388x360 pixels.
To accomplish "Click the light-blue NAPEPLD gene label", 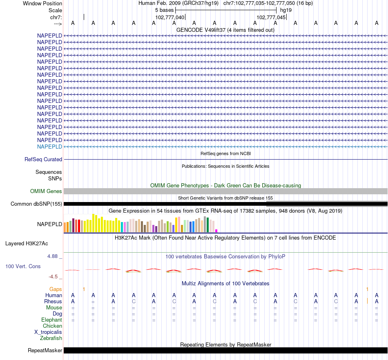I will click(49, 147).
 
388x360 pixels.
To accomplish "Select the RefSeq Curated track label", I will click(43, 160).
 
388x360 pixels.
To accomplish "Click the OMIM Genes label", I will click(46, 191).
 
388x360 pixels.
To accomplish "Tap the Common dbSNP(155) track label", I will click(36, 204).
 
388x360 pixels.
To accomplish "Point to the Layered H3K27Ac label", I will click(27, 244).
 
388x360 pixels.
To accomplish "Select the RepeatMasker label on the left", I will click(45, 351).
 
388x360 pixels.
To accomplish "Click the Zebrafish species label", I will click(51, 338).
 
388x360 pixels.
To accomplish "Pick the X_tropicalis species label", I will click(48, 332).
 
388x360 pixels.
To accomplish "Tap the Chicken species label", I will click(53, 326).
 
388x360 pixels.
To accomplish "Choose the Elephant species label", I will click(51, 320).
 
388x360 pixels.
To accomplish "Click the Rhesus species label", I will click(53, 302).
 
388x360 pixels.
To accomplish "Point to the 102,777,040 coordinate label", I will click(170, 18).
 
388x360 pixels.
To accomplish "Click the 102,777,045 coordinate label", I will click(271, 18).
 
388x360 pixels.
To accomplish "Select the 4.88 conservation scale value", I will click(53, 256).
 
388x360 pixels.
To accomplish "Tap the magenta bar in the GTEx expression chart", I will click(216, 231).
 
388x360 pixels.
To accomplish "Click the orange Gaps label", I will click(56, 289).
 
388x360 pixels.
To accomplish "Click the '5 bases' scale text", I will click(164, 10).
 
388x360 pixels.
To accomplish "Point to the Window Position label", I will click(42, 3).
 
